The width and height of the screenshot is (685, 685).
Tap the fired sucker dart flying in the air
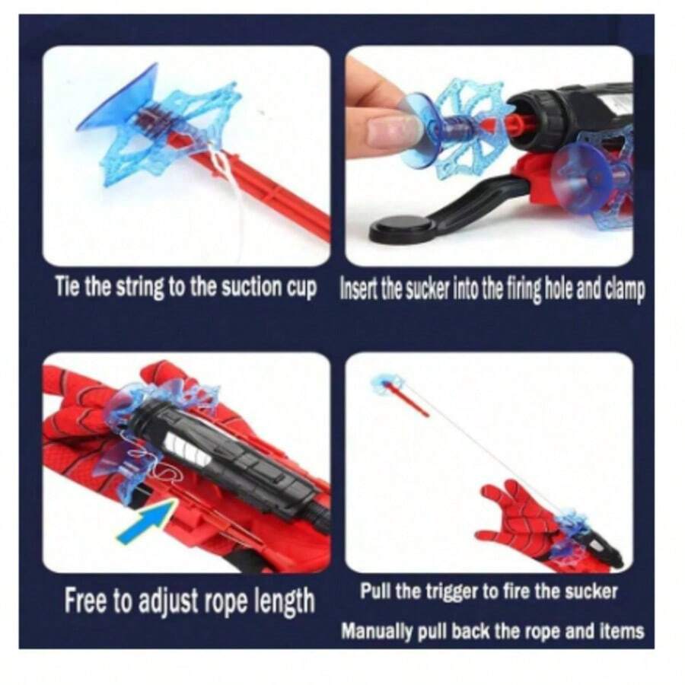tap(398, 393)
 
